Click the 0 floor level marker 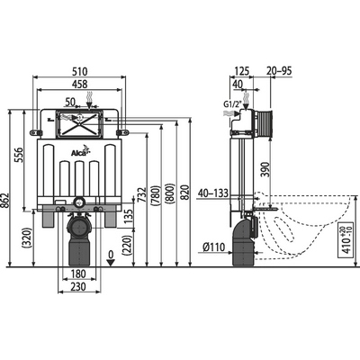[x=110, y=256]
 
